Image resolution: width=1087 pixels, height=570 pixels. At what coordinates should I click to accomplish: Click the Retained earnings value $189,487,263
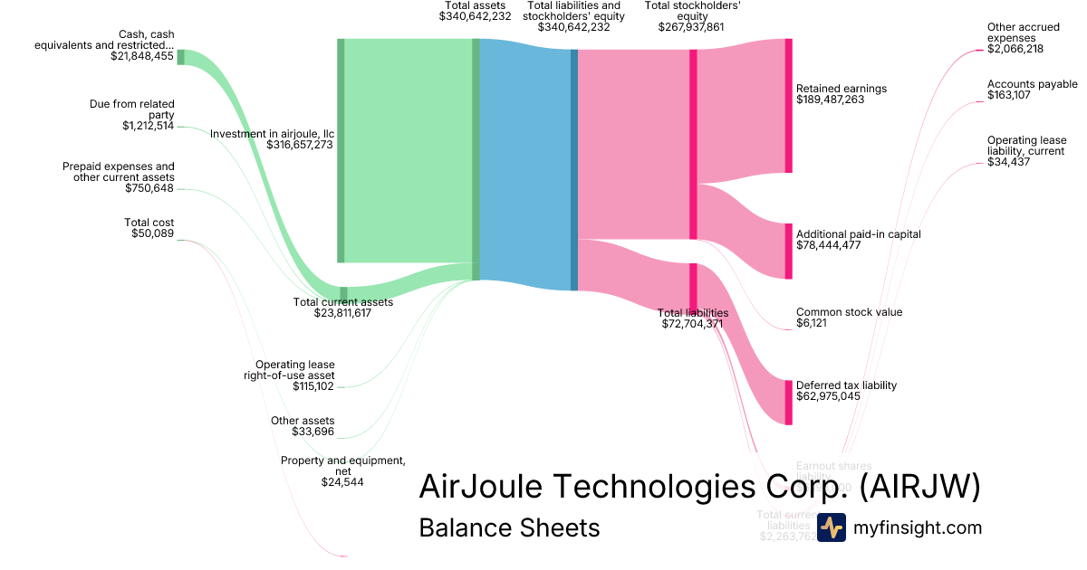tap(830, 100)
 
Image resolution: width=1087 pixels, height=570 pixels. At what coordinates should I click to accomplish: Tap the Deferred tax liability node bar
tap(788, 403)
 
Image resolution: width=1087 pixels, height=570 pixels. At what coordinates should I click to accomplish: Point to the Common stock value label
tap(849, 312)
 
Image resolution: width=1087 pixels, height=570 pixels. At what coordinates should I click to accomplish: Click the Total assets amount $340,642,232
tap(475, 16)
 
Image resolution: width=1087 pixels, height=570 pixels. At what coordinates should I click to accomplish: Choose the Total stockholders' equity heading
tap(693, 11)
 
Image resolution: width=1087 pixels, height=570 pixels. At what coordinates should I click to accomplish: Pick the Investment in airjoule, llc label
tap(272, 133)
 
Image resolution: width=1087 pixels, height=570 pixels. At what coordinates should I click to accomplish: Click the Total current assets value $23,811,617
tap(343, 313)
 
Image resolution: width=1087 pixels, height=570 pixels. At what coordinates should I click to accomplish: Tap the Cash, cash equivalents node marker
tap(180, 57)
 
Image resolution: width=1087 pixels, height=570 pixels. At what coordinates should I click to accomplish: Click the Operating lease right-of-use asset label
tap(294, 370)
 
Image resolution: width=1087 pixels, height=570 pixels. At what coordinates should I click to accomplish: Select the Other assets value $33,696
tap(309, 432)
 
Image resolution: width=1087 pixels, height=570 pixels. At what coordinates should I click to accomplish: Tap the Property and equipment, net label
tap(342, 465)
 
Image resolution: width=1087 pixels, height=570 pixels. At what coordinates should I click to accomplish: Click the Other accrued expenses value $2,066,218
tap(1015, 49)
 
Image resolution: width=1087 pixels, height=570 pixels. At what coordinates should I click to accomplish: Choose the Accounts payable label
tap(1032, 84)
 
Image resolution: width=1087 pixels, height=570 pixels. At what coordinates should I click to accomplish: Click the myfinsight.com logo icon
tap(831, 527)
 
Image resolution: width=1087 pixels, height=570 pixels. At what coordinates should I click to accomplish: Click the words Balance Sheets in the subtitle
tap(509, 527)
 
